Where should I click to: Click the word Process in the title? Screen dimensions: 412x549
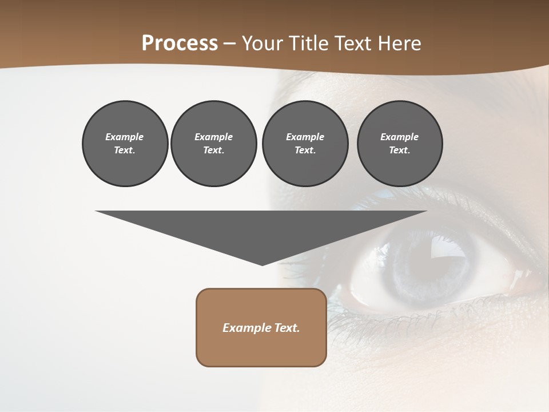tap(180, 43)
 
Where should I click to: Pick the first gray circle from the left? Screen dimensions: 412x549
tap(125, 144)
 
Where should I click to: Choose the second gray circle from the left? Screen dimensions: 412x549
tap(213, 144)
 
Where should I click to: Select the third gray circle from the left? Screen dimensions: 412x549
tap(305, 144)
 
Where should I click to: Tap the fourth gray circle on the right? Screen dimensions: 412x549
tap(399, 144)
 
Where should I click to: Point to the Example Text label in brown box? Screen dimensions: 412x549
tap(261, 328)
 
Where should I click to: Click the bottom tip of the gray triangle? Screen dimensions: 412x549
tap(262, 264)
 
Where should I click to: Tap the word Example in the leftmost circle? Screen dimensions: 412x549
tap(125, 137)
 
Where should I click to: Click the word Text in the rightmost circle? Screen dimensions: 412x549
tap(399, 150)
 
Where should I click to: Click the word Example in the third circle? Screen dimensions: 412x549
tap(305, 137)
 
